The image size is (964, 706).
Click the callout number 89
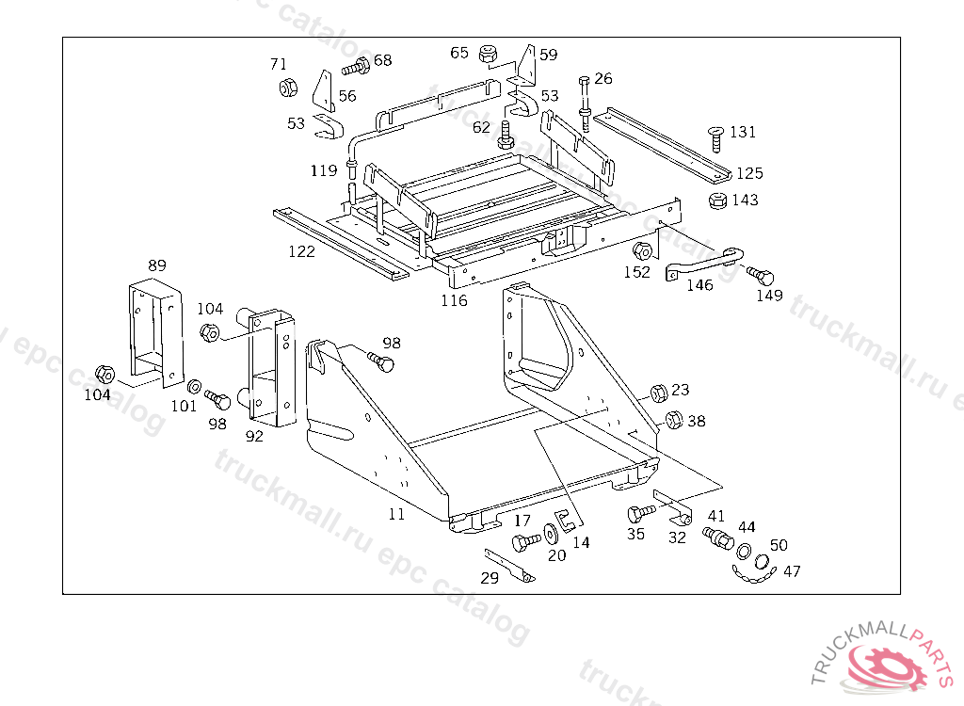click(x=157, y=265)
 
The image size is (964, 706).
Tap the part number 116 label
click(x=454, y=300)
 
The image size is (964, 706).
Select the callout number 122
click(x=302, y=251)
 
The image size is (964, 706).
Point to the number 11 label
click(x=396, y=514)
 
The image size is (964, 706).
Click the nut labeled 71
click(x=288, y=88)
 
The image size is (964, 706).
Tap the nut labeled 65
click(x=488, y=54)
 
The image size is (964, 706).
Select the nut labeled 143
click(x=715, y=201)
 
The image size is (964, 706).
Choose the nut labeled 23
click(x=659, y=392)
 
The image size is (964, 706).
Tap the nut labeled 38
click(x=673, y=420)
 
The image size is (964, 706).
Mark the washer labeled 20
click(x=551, y=533)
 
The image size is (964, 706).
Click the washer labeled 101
click(x=192, y=386)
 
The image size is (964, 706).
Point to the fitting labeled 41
click(x=719, y=538)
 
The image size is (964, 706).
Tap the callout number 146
click(x=699, y=285)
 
